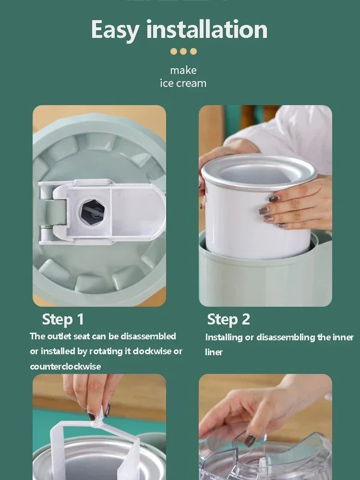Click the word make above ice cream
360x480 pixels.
(183, 70)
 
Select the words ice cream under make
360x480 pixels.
(183, 83)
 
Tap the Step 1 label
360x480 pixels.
(63, 319)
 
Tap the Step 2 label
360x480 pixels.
(228, 319)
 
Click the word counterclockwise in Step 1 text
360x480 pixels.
(65, 366)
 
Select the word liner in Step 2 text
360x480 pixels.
(214, 352)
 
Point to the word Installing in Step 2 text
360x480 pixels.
(224, 337)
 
